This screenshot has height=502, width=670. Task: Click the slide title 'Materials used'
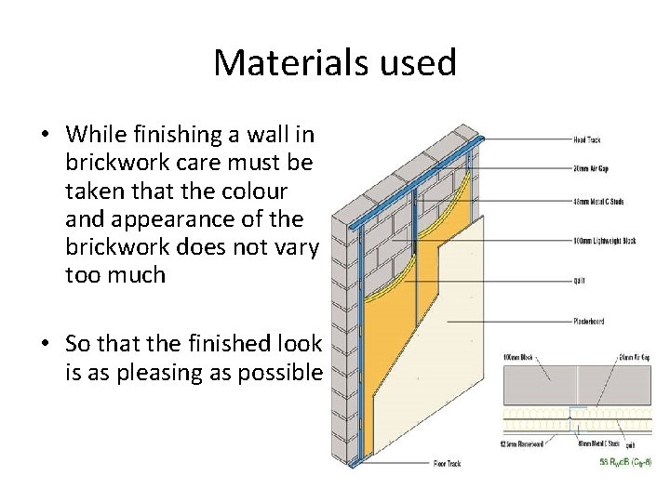point(335,63)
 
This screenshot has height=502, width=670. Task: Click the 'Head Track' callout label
point(589,139)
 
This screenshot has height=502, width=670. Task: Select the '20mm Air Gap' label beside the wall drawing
point(592,169)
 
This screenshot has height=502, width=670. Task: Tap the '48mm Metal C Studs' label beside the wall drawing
point(598,200)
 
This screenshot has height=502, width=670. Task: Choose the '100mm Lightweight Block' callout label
point(604,241)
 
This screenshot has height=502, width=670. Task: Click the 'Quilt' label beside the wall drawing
point(579,280)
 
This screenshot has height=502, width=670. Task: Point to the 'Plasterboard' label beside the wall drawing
point(588,322)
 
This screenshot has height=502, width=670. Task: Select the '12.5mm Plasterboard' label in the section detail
point(524,444)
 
